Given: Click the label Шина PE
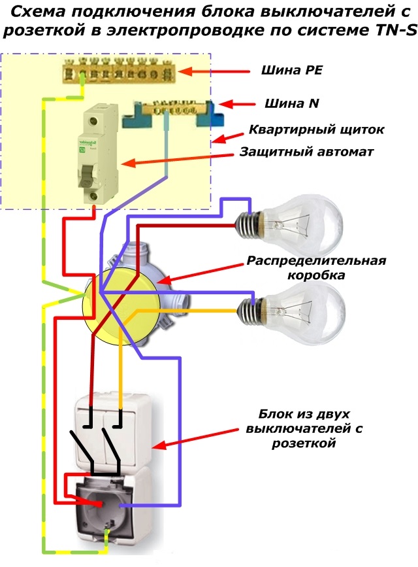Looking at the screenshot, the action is click(291, 70).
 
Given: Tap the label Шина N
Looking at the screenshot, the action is click(292, 103).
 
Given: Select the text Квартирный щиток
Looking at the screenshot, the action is click(317, 129).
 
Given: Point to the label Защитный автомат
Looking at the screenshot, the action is click(306, 152).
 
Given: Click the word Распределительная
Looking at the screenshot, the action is click(317, 261).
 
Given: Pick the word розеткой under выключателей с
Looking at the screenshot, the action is click(304, 443).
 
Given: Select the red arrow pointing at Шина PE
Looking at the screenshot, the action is click(214, 71).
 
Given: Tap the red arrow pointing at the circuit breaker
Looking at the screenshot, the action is click(178, 159).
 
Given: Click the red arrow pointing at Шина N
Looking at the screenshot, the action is click(236, 104).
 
